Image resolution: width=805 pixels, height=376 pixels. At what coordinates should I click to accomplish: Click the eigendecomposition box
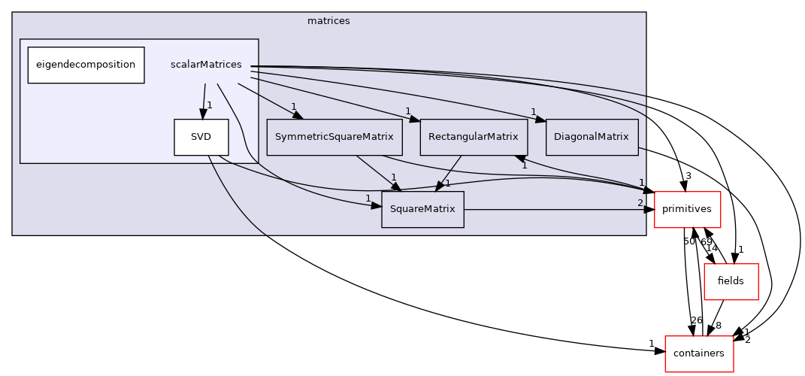tap(86, 65)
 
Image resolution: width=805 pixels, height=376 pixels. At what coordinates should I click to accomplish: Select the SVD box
tap(201, 137)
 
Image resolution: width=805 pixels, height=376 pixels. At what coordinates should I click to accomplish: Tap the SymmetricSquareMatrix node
tap(334, 137)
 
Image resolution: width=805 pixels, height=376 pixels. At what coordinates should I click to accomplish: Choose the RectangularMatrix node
tap(474, 137)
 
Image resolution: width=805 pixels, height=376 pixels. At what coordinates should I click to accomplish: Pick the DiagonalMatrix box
tap(592, 137)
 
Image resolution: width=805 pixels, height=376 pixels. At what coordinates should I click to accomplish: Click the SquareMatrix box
tap(422, 209)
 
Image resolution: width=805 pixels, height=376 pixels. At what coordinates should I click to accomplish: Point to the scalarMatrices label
tap(206, 65)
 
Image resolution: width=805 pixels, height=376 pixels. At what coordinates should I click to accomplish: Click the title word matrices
tap(328, 21)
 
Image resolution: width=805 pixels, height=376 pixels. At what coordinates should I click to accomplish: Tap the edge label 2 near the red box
tap(640, 203)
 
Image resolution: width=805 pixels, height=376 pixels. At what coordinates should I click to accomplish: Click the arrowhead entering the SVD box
tap(201, 114)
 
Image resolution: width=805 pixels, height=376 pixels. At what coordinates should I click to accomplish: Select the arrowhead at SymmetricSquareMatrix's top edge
tap(297, 115)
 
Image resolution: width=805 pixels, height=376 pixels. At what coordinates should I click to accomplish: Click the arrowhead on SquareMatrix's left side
tap(376, 204)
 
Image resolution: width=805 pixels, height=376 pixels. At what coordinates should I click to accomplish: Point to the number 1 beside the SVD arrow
tap(210, 105)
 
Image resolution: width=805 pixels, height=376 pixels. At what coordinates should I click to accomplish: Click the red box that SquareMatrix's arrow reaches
tap(687, 209)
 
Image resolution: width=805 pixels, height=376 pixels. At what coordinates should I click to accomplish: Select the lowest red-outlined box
tap(699, 353)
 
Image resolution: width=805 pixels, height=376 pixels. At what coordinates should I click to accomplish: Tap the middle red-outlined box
tap(731, 282)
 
